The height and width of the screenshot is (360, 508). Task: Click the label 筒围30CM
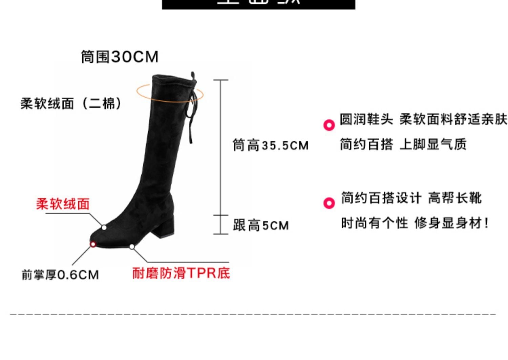[120, 57]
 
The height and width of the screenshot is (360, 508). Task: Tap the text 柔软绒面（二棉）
[71, 103]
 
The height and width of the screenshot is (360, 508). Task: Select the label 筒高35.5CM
[271, 145]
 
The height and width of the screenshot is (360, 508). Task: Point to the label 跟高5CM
[261, 225]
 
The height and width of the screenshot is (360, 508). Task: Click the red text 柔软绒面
[63, 204]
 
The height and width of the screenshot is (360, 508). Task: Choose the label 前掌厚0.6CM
[60, 275]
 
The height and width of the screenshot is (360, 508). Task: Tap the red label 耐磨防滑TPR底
[181, 273]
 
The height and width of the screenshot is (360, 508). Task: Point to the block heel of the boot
[166, 225]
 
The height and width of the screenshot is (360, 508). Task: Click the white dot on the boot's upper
[104, 227]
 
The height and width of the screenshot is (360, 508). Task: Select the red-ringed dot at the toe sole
[92, 244]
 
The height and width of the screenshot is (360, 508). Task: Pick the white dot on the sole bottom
[132, 246]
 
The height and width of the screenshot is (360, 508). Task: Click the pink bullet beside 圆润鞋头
[329, 125]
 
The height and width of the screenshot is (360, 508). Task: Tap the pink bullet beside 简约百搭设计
[329, 203]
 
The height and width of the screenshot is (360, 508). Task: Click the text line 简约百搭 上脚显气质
[403, 144]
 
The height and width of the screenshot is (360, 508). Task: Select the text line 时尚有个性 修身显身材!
[415, 223]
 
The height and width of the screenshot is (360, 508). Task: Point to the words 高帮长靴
[454, 198]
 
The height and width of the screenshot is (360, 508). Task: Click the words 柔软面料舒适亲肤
[453, 119]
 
